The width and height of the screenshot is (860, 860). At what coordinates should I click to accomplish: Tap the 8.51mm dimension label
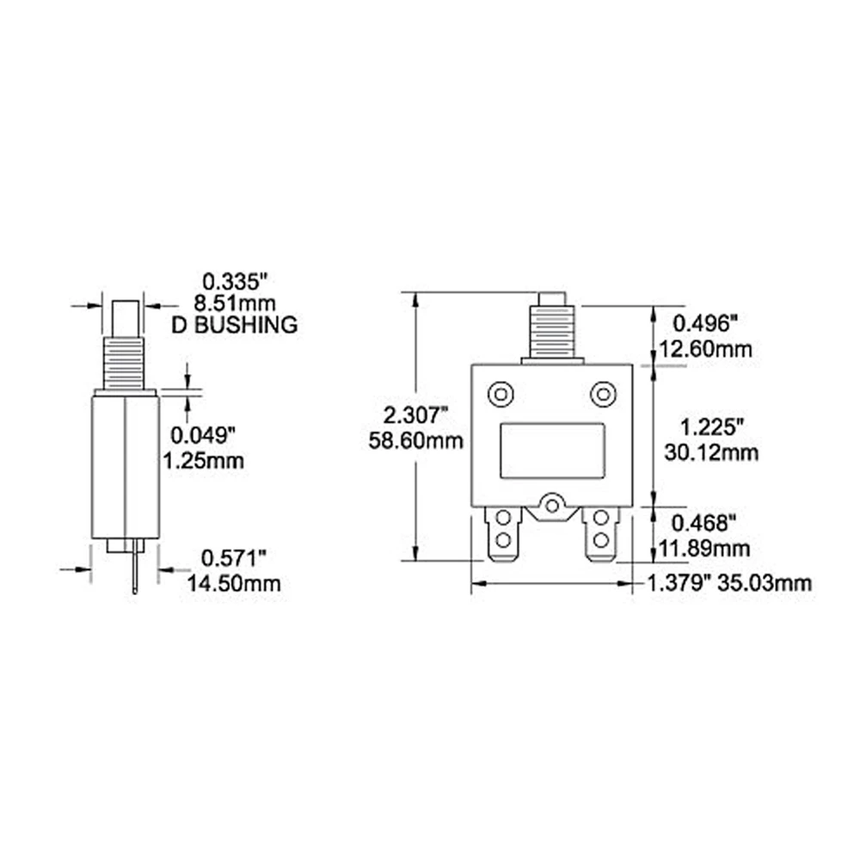click(236, 303)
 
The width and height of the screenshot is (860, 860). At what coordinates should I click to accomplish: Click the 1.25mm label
click(203, 460)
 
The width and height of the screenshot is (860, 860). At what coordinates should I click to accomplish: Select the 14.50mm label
click(234, 584)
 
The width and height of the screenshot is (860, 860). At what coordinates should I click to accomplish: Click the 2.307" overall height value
click(415, 416)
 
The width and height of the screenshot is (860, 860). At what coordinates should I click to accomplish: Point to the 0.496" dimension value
click(703, 324)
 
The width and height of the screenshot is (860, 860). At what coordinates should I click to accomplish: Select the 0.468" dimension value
click(703, 523)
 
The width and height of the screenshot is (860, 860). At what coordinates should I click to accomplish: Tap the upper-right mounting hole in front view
click(603, 394)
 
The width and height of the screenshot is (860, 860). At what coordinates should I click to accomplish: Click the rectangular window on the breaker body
click(551, 450)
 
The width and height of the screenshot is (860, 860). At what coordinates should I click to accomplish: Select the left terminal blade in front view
click(503, 532)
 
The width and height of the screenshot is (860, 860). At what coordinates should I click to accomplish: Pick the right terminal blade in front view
click(600, 532)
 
